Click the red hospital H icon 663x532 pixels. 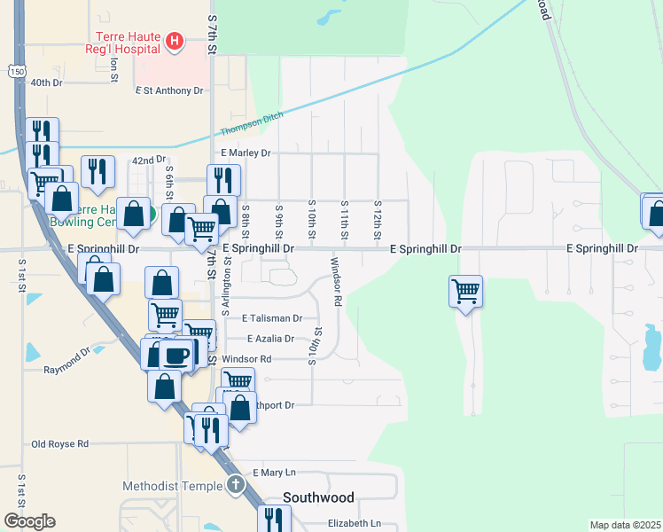(175, 41)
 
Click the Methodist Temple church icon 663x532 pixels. (235, 485)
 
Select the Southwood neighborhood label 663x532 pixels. (318, 497)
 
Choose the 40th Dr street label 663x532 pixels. (46, 82)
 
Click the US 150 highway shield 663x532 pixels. (16, 71)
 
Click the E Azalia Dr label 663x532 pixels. (270, 339)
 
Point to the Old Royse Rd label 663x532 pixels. (59, 443)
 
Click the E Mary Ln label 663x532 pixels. (274, 473)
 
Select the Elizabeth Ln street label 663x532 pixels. (354, 523)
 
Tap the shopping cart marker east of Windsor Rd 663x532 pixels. (465, 290)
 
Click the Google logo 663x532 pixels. (29, 521)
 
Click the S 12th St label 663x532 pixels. (377, 218)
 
